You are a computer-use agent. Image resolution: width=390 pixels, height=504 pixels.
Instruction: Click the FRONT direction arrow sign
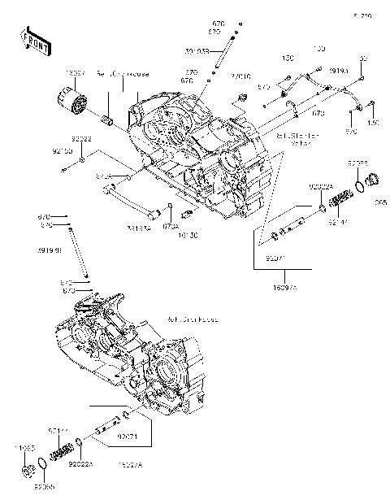point(31,39)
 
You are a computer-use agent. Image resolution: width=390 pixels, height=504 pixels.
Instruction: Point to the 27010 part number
point(240,78)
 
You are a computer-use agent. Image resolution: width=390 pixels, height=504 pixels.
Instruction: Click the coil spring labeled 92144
point(62,447)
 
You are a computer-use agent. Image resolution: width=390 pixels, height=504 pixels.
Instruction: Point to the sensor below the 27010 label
point(242,98)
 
